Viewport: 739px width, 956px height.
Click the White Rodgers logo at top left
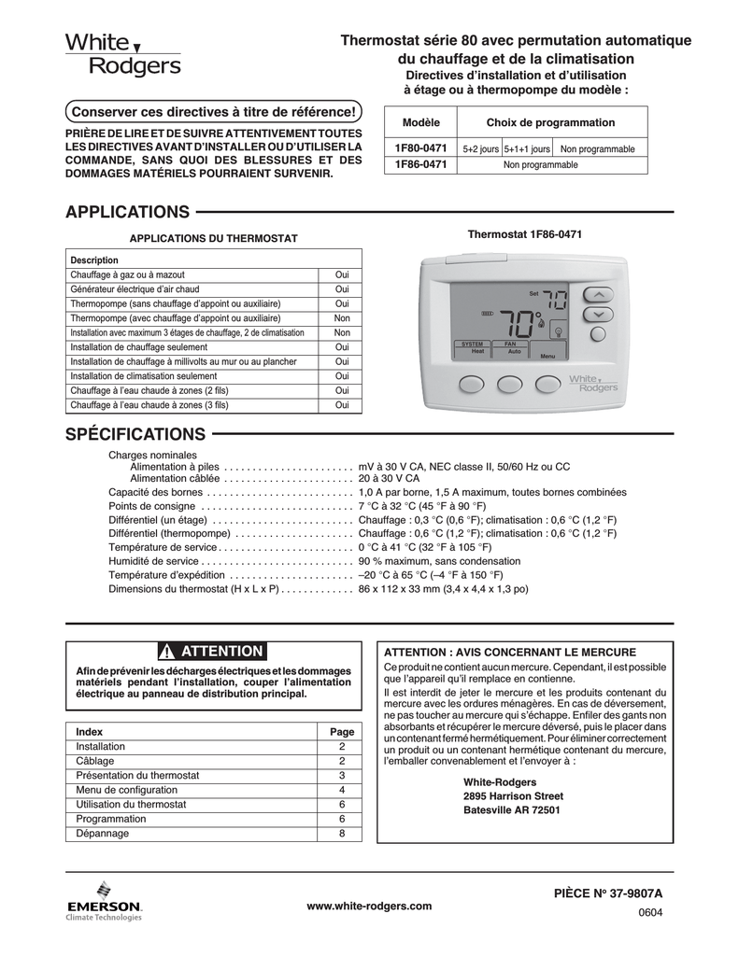click(x=122, y=55)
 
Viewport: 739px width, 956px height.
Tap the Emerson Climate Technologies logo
click(x=104, y=900)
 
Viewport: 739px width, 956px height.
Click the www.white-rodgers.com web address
click(x=369, y=906)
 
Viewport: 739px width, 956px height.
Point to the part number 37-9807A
click(x=607, y=893)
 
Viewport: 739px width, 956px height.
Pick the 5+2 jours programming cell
click(x=481, y=149)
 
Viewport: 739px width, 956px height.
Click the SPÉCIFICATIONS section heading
click(x=135, y=434)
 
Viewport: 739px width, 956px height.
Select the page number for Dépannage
click(x=342, y=834)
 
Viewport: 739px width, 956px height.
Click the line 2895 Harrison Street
click(x=513, y=796)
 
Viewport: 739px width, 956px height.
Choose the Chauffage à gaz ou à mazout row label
click(x=128, y=275)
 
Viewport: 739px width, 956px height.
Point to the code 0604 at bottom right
click(x=649, y=912)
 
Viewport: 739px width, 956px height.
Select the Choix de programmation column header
click(x=550, y=123)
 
